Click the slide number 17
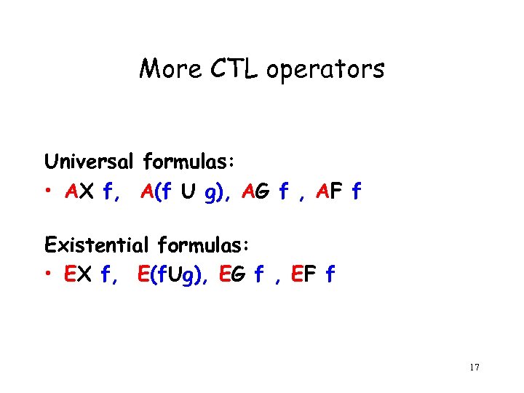tap(474, 367)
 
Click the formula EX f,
tap(91, 274)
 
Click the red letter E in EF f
tap(296, 274)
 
